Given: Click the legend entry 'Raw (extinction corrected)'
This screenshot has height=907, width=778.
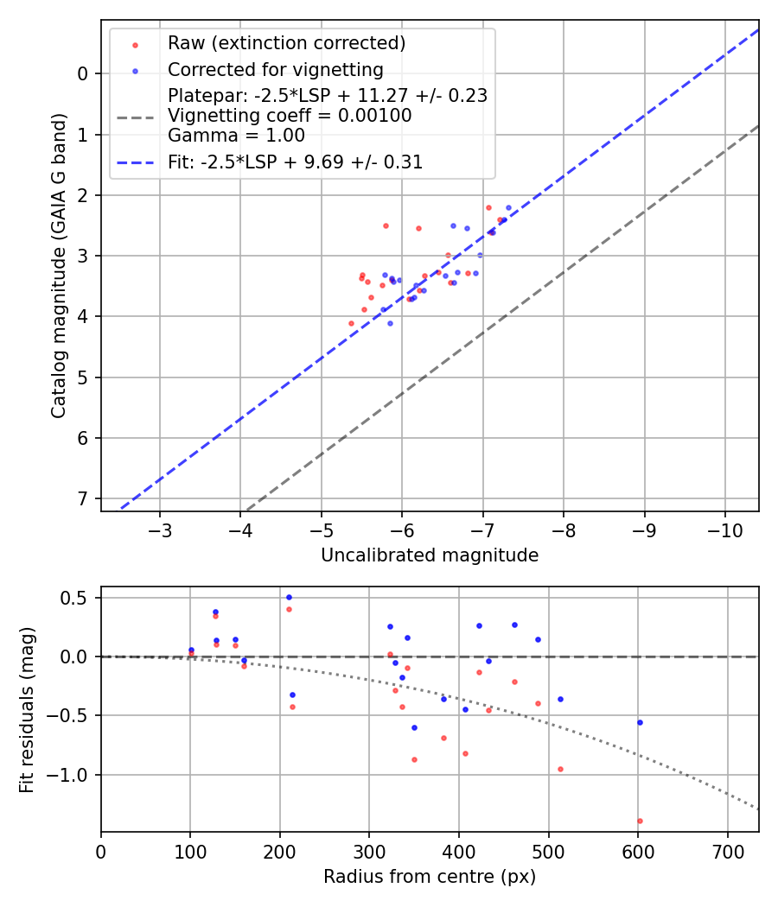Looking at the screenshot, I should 286,43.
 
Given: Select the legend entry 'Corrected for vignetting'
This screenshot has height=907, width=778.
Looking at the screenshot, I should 275,69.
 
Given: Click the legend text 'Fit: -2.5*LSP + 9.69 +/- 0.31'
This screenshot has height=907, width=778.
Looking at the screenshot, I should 295,162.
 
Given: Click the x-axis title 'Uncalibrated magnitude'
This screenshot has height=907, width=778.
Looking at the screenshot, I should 430,555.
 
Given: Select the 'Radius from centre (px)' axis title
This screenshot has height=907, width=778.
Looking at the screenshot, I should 430,877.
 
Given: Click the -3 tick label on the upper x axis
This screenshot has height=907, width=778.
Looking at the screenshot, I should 161,529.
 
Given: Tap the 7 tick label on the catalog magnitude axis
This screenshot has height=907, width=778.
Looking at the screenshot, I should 83,498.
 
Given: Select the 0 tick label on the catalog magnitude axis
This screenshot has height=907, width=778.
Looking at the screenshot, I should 83,73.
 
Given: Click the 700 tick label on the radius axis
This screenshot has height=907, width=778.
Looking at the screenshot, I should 727,851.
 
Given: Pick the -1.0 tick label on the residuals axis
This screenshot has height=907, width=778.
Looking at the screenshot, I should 73,775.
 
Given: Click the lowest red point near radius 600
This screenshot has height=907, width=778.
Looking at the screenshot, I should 640,821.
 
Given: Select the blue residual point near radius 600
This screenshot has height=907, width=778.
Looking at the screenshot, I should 640,722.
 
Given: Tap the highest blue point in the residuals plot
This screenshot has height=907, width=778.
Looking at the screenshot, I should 289,597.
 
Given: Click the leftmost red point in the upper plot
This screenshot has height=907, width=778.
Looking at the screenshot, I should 351,323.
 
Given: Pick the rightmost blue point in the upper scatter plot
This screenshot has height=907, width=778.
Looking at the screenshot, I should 508,207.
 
